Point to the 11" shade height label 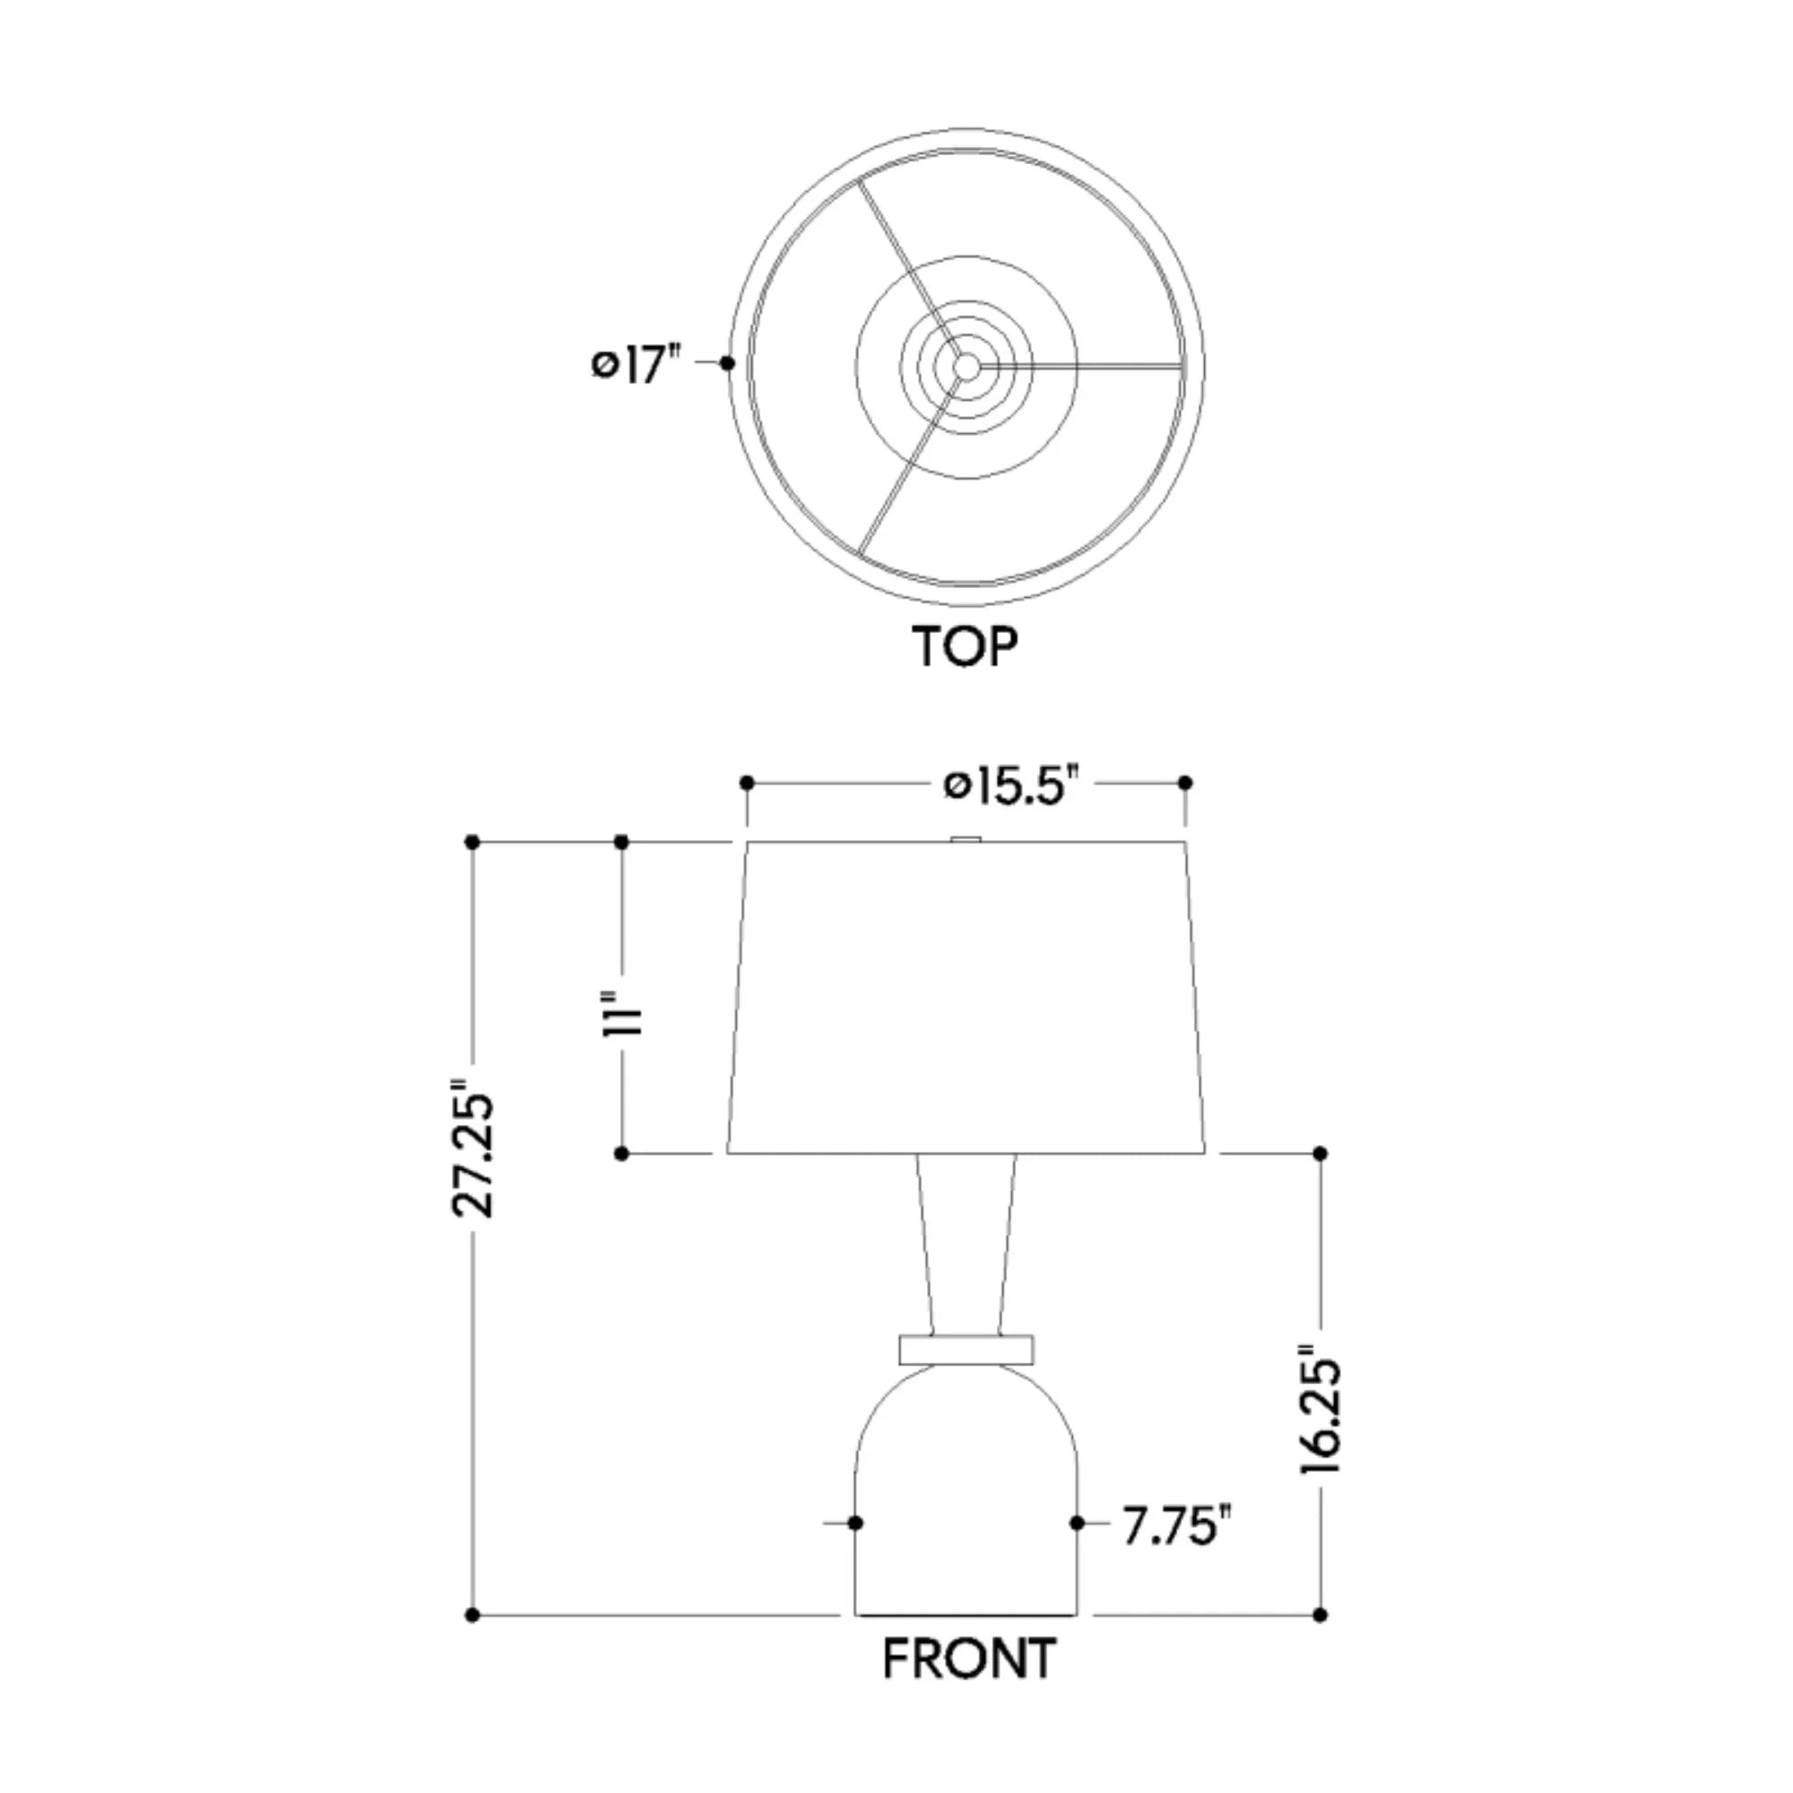tap(623, 1013)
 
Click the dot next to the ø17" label tap(728, 364)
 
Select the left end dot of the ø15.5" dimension tap(747, 784)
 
